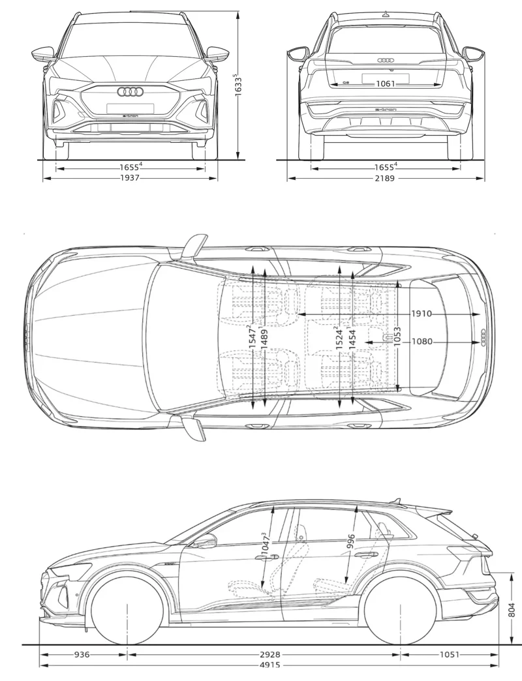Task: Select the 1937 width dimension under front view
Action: click(130, 178)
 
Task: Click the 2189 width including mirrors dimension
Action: click(384, 178)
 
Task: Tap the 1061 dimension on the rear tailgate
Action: click(384, 83)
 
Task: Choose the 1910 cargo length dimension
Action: click(422, 314)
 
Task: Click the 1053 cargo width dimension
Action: click(397, 339)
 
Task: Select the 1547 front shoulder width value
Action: click(252, 339)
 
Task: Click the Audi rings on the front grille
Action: click(130, 92)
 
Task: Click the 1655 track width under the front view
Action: click(130, 167)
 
